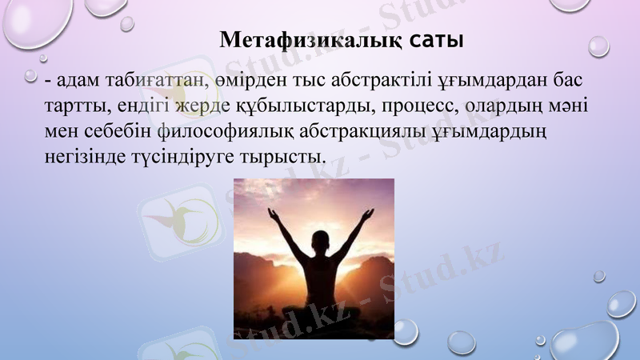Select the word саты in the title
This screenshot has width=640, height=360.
[x=437, y=39]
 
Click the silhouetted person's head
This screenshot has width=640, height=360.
[x=319, y=243]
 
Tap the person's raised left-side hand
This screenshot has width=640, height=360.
[x=272, y=215]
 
